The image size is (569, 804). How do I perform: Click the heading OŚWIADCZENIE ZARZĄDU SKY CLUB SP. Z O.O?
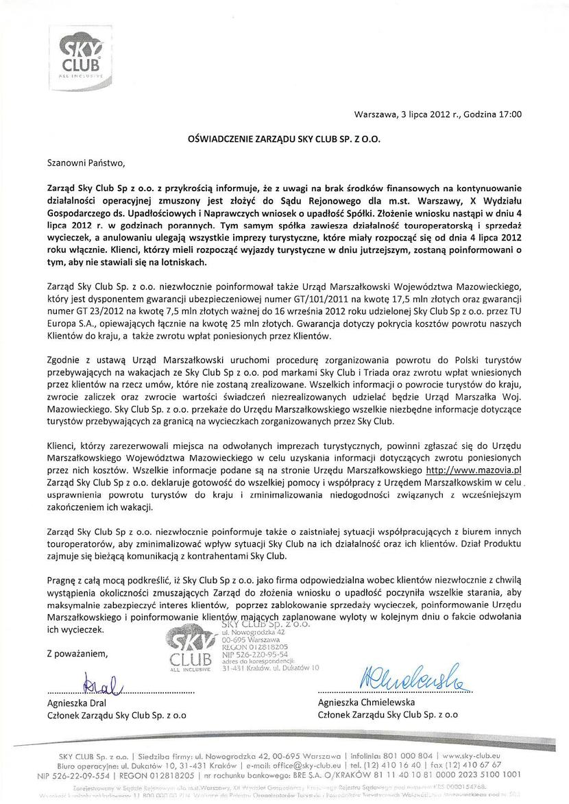284,138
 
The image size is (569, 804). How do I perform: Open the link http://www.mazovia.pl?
474,471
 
